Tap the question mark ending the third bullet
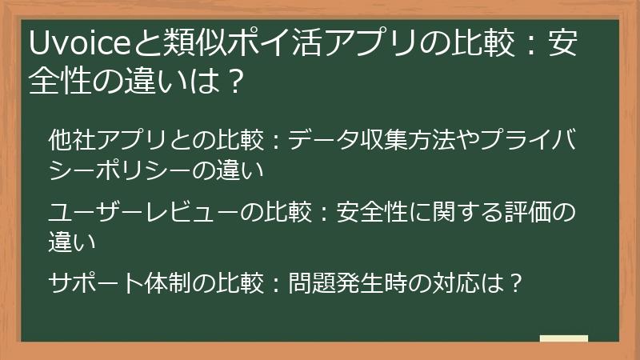[515, 283]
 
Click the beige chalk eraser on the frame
[564, 338]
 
